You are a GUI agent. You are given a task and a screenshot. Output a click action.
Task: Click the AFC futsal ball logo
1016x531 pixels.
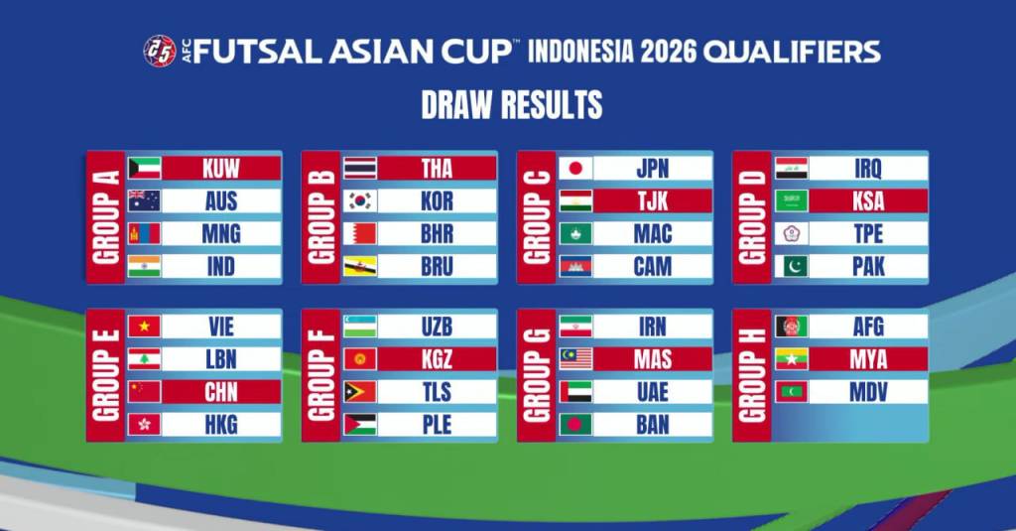[x=160, y=51]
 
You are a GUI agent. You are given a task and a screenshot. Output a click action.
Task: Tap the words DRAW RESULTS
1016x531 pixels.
[x=512, y=104]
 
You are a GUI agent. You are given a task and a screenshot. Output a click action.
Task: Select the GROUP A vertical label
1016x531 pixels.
[x=105, y=217]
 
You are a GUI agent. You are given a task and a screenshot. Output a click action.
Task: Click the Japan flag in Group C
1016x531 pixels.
[x=575, y=169]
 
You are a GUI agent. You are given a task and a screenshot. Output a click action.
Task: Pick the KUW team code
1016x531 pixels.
[x=221, y=169]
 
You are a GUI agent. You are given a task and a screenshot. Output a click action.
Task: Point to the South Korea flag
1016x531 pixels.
[x=359, y=201]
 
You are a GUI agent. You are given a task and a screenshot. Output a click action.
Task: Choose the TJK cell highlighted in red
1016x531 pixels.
[x=653, y=201]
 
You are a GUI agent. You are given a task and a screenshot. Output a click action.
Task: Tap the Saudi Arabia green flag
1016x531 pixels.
[x=791, y=201]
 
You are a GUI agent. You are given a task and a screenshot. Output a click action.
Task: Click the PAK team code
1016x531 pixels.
[x=868, y=266]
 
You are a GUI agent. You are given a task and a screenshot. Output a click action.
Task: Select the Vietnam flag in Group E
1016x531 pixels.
[x=144, y=327]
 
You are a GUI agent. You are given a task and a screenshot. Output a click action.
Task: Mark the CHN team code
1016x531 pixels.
[x=221, y=392]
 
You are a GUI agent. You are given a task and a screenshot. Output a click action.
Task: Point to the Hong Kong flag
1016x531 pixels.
[x=144, y=424]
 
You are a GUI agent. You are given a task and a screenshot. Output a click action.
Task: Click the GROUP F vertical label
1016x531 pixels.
[x=321, y=375]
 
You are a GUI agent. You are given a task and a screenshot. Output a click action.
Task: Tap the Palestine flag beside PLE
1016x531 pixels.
[x=359, y=424]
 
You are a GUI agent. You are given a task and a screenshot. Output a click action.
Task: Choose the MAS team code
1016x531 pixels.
[x=653, y=359]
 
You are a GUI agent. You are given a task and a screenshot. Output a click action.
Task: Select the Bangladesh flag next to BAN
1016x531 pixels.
[x=575, y=424]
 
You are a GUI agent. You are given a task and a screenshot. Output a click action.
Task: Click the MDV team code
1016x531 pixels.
[x=868, y=392]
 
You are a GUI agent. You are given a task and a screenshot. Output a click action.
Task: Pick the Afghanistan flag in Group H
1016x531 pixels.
[x=791, y=327]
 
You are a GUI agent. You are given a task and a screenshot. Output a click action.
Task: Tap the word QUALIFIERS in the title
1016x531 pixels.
[x=792, y=52]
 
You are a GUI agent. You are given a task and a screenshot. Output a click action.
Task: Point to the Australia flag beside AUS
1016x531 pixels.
[x=144, y=201]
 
